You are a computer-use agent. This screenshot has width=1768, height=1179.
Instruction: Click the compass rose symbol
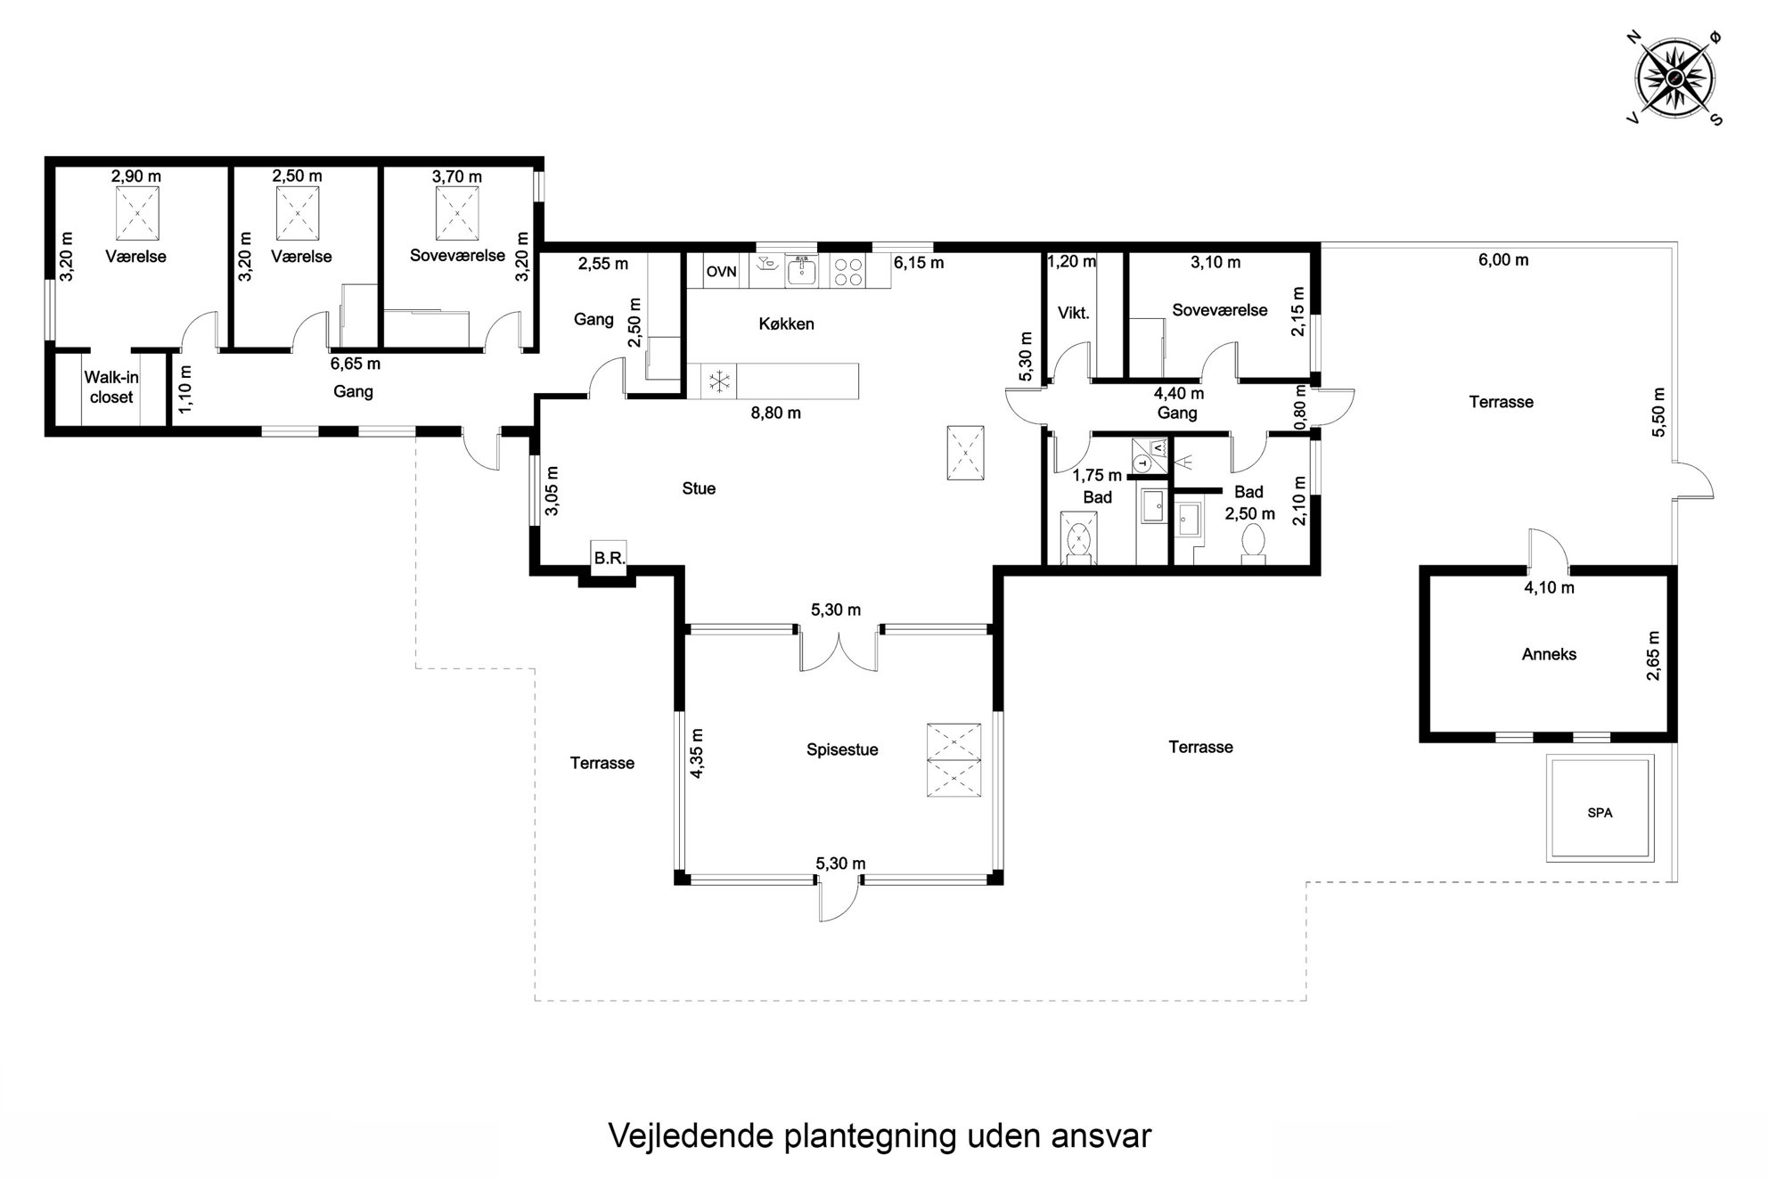[x=1674, y=78]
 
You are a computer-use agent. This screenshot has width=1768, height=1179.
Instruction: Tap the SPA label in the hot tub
[x=1600, y=813]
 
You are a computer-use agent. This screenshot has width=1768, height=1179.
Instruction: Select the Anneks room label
[x=1549, y=654]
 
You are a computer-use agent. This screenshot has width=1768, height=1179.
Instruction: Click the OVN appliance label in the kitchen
[x=722, y=272]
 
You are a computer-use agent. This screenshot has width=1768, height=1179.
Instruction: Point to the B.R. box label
[x=610, y=558]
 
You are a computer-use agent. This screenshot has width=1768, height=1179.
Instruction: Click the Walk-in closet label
[x=111, y=387]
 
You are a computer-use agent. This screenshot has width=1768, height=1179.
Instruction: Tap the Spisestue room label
[x=842, y=749]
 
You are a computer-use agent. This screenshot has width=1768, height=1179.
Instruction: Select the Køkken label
[x=786, y=323]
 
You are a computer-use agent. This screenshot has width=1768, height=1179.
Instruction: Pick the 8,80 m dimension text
[x=775, y=413]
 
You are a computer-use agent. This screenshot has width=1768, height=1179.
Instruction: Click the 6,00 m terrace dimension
[x=1503, y=260]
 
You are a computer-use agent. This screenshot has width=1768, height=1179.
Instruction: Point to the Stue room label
[x=699, y=488]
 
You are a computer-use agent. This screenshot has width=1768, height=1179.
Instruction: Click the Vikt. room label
[x=1073, y=313]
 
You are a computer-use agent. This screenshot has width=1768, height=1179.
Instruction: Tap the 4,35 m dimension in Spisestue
[x=697, y=754]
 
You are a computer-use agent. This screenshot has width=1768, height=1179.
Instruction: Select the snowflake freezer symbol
[x=717, y=381]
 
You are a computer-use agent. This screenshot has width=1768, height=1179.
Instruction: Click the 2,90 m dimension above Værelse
[x=136, y=176]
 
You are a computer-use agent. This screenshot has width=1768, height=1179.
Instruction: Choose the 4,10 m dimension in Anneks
[x=1549, y=588]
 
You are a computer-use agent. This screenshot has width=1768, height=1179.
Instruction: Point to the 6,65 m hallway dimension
[x=355, y=364]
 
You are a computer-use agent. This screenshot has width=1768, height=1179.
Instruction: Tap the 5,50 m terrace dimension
[x=1657, y=412]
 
